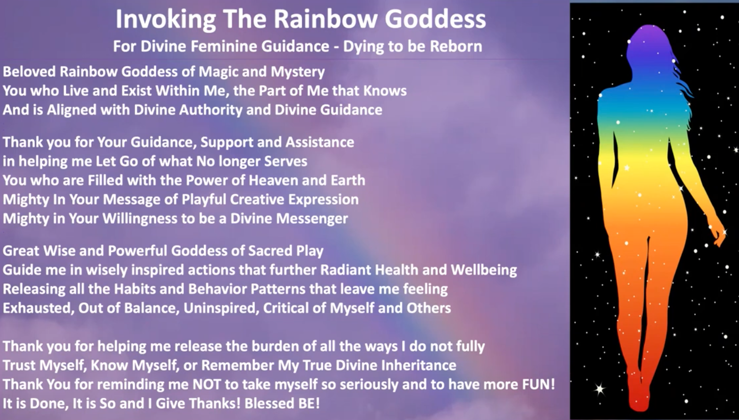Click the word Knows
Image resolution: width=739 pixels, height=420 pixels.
[x=385, y=90]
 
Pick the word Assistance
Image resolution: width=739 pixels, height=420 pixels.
[x=320, y=142]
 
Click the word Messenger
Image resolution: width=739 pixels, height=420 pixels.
[x=312, y=219]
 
